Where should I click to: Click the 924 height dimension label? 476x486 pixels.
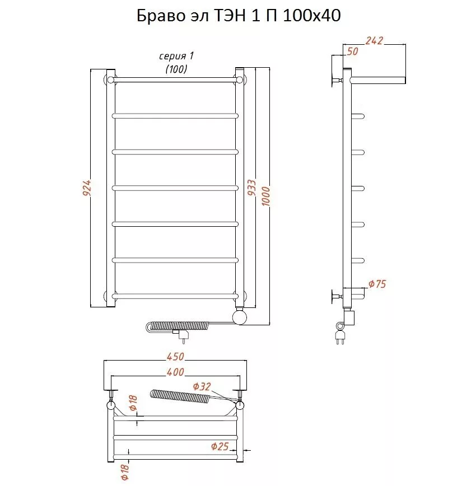click(x=87, y=188)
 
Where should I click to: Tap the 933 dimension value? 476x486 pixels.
click(x=252, y=188)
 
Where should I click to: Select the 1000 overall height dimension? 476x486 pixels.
click(x=266, y=196)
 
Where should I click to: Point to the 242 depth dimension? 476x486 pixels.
click(x=374, y=41)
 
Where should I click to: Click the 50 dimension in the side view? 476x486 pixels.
click(x=352, y=51)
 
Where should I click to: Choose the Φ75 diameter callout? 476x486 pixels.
click(x=377, y=284)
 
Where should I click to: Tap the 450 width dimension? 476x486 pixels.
click(x=175, y=357)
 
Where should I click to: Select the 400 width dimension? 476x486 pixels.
click(x=175, y=372)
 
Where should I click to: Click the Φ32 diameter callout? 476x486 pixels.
click(x=202, y=386)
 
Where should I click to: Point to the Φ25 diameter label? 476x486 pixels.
click(x=220, y=446)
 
